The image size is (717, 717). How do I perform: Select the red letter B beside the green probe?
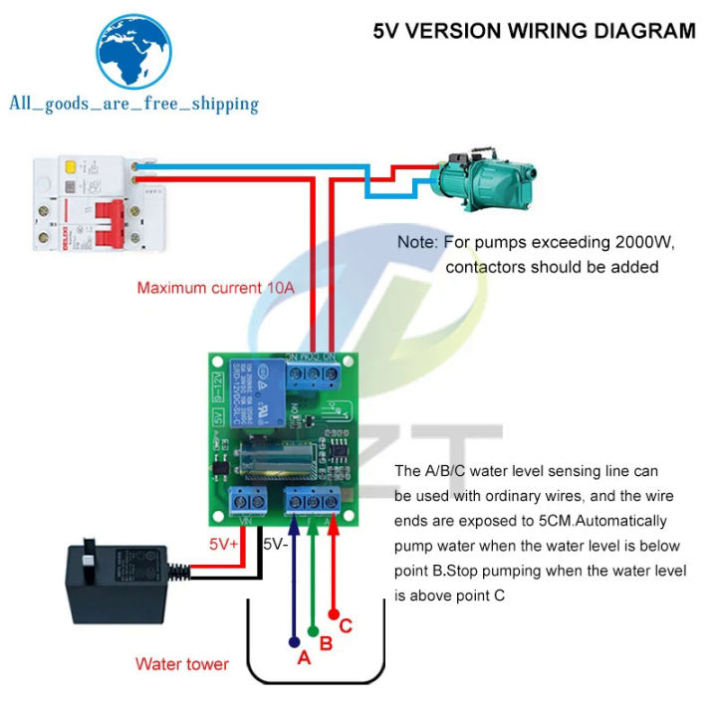tap(326, 643)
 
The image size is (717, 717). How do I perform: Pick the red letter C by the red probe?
tap(346, 626)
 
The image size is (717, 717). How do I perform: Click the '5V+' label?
tap(223, 545)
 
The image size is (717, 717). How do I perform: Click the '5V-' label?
tap(276, 545)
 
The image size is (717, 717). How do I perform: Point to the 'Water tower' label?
tap(182, 664)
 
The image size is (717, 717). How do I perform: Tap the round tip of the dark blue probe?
tap(294, 641)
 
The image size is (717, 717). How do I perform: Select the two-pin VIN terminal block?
tap(247, 500)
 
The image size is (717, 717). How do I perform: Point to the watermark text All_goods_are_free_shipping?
tap(133, 103)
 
